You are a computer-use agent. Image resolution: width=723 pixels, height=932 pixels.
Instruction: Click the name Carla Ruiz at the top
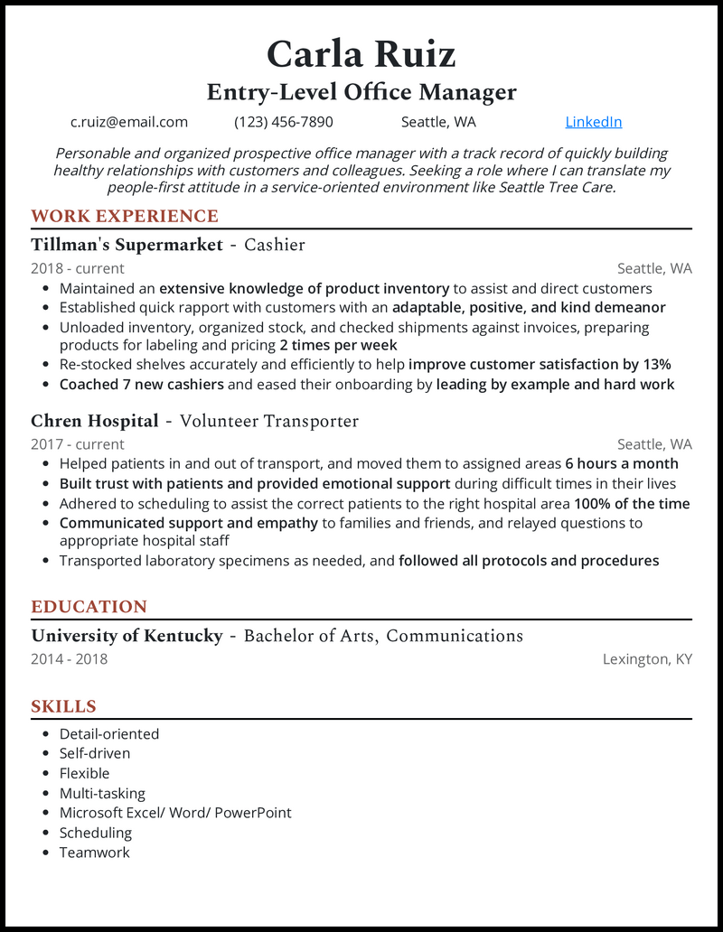tap(361, 54)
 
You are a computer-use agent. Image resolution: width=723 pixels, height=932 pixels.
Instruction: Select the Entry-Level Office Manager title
tap(361, 92)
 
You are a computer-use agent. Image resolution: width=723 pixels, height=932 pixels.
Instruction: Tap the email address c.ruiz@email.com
tap(129, 122)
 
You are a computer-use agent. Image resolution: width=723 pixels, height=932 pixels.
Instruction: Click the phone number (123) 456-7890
tap(284, 122)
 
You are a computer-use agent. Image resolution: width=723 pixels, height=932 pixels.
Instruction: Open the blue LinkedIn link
tap(593, 122)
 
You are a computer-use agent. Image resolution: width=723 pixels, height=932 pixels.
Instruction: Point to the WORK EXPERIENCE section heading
tap(125, 216)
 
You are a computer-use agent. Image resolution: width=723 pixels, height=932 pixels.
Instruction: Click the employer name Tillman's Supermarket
tap(127, 245)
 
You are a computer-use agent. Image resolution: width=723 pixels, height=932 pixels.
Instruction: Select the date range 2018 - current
tap(78, 268)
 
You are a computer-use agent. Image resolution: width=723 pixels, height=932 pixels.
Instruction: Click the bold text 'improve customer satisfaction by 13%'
tap(540, 365)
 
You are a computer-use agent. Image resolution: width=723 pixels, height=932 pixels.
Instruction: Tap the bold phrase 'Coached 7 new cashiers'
tap(142, 385)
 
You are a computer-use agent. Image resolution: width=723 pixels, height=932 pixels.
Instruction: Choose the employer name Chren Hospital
tap(95, 421)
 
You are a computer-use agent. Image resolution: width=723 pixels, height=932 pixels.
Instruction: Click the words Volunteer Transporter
tap(269, 421)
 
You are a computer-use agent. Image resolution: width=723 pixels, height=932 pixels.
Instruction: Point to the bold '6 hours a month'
tap(622, 463)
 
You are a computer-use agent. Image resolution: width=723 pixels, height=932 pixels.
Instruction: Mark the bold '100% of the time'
tap(632, 503)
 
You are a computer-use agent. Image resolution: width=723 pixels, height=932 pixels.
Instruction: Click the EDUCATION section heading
tap(89, 607)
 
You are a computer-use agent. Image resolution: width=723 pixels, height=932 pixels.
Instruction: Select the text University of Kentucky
tap(127, 636)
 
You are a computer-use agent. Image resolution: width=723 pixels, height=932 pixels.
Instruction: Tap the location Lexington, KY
tap(647, 659)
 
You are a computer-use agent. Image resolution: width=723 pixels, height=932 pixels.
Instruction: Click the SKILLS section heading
tap(63, 706)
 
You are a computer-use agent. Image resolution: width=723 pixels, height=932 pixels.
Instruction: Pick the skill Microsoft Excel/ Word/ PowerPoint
tap(175, 813)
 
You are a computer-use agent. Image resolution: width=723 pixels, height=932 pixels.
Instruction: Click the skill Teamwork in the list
tap(95, 853)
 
